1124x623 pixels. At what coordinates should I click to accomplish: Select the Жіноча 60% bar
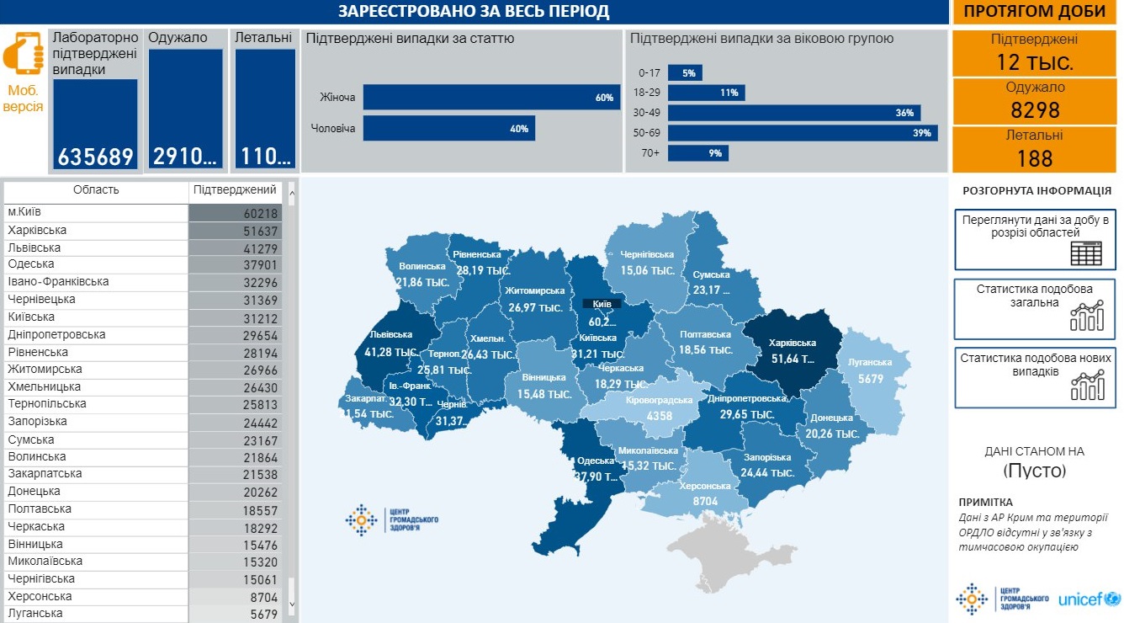(x=491, y=98)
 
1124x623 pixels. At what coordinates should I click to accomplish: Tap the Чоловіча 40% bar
(x=448, y=128)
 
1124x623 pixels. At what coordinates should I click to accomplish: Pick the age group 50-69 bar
(x=803, y=133)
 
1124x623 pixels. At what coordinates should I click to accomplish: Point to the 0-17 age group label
(x=649, y=73)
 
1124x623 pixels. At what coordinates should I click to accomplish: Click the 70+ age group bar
(x=697, y=153)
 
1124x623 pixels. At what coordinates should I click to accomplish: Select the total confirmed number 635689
(x=95, y=157)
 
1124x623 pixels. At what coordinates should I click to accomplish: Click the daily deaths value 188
(x=1034, y=158)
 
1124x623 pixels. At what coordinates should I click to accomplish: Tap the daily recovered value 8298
(x=1034, y=110)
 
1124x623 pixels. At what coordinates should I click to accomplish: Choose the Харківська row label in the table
(x=37, y=231)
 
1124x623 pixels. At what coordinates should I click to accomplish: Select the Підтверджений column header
(x=235, y=190)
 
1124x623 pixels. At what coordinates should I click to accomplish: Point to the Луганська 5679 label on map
(x=870, y=370)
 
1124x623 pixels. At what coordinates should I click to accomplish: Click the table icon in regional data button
(x=1085, y=253)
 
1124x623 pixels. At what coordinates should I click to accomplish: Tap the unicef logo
(x=1089, y=599)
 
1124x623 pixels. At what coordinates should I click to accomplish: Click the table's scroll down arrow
(x=292, y=604)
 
